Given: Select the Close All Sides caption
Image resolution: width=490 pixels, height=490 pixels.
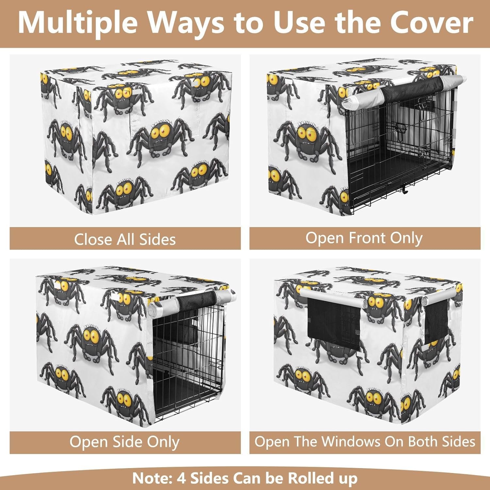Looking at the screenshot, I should click(125, 239).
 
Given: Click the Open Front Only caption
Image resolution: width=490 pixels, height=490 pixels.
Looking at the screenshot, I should click(364, 238).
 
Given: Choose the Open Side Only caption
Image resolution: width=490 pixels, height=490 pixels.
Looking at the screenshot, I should click(124, 442).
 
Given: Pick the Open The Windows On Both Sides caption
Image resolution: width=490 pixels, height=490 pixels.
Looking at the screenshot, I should click(365, 442).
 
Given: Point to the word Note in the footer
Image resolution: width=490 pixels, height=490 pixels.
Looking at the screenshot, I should click(152, 478).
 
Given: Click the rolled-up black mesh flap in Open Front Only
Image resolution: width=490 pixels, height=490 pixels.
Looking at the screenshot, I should click(412, 88).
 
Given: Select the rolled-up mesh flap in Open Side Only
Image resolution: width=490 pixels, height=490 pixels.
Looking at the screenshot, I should click(196, 300).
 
